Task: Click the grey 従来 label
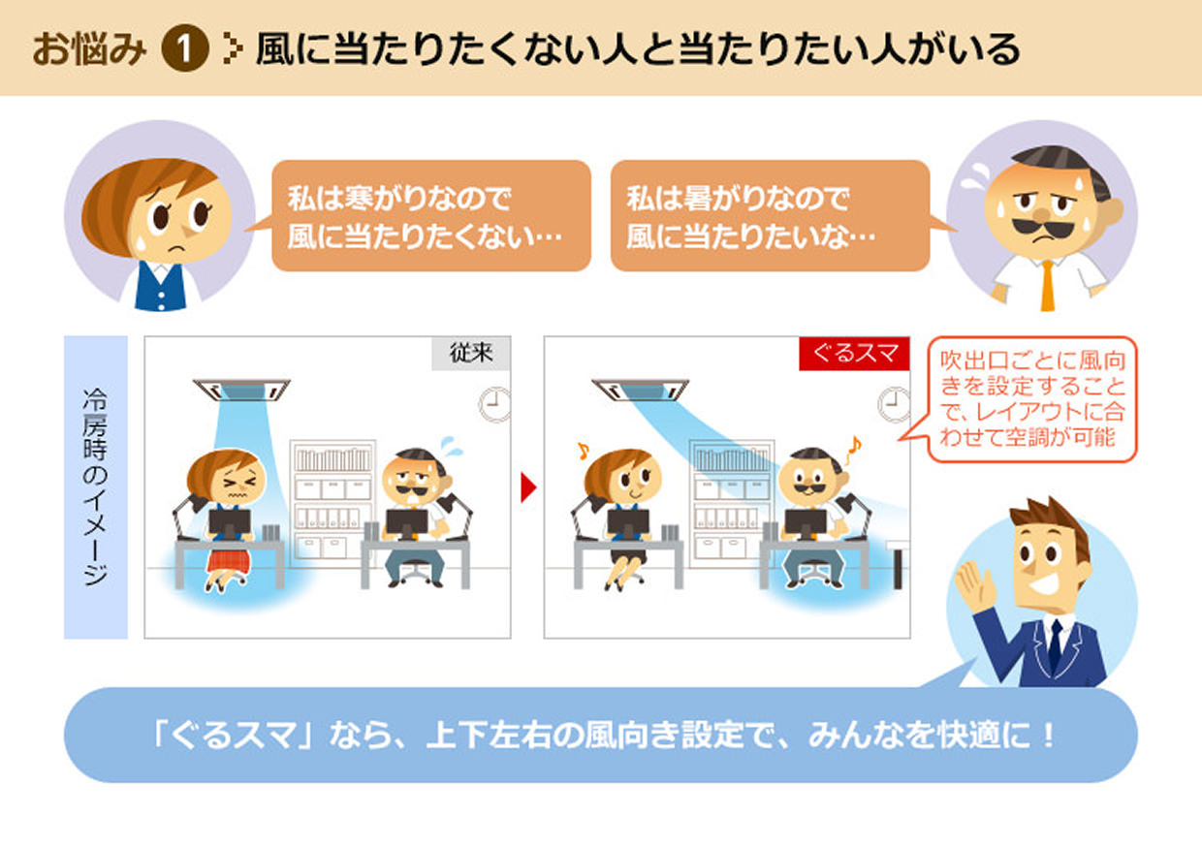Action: tap(471, 354)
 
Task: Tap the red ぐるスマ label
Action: tap(854, 354)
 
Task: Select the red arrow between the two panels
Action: tap(527, 487)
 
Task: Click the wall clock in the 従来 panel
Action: tap(495, 404)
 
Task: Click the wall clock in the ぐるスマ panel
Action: tap(894, 404)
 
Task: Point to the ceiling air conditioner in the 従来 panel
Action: tap(242, 390)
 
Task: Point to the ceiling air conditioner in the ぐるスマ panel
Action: tap(641, 390)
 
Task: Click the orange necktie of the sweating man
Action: tap(1048, 285)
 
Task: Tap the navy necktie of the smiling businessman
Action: tap(1055, 644)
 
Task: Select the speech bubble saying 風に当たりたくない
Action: tap(429, 216)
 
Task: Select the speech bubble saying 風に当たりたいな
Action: tap(770, 216)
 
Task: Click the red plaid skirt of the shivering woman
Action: tap(229, 560)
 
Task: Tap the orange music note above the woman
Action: tap(582, 451)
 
